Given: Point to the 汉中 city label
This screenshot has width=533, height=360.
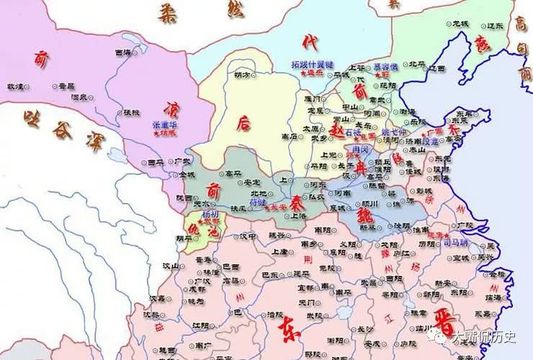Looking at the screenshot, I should [x=249, y=235].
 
